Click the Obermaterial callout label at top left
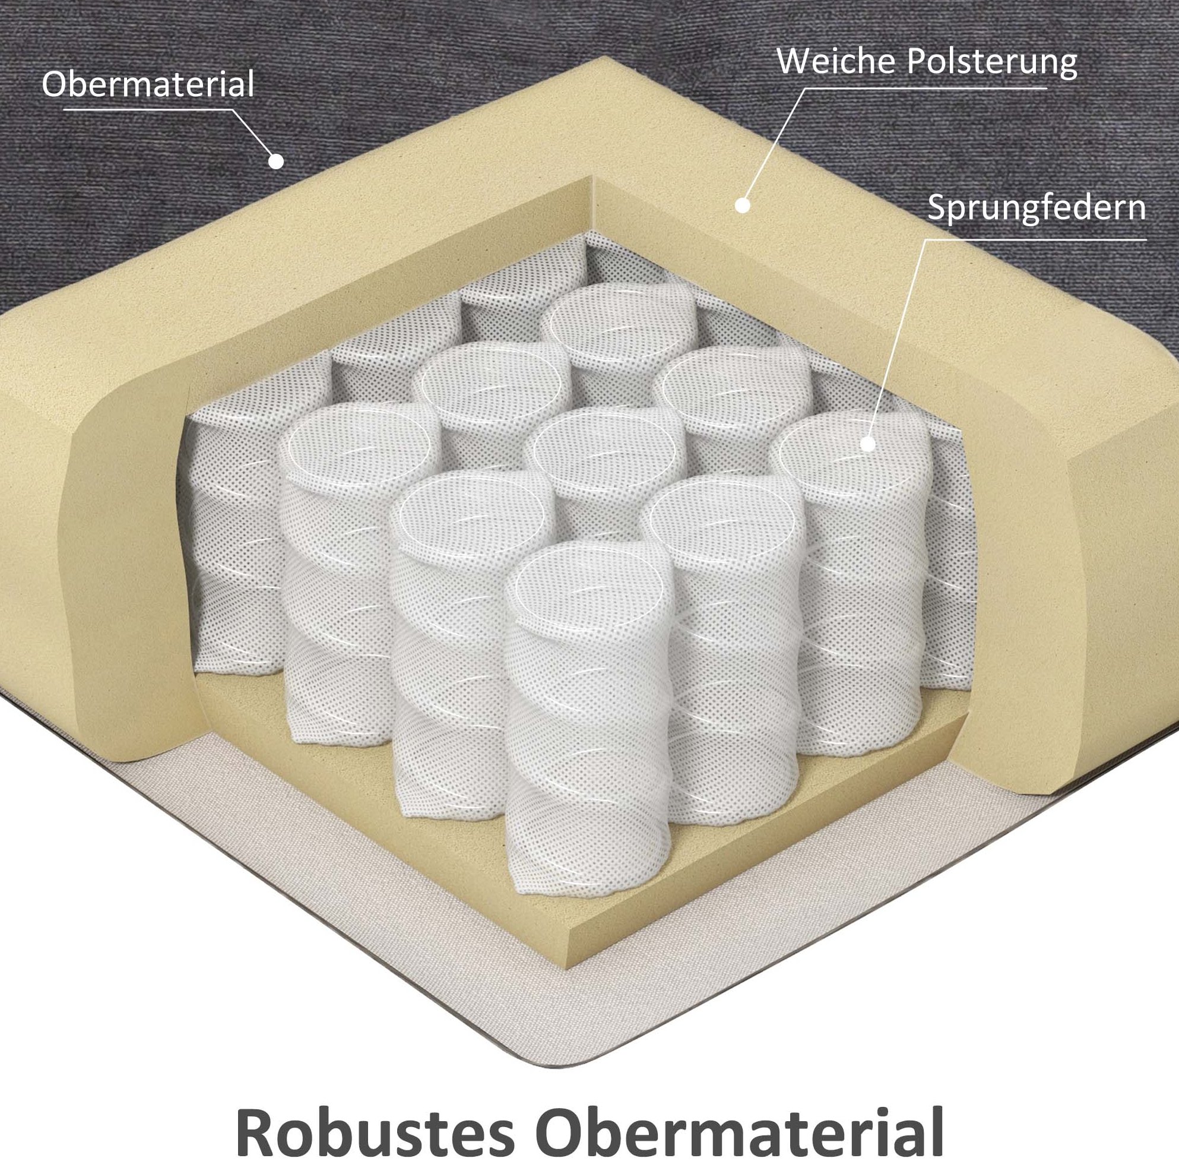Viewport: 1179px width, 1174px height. [148, 84]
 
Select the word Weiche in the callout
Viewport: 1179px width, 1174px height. [839, 64]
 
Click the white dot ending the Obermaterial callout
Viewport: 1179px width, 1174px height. [277, 160]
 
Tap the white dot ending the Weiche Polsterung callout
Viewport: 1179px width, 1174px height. [743, 205]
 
